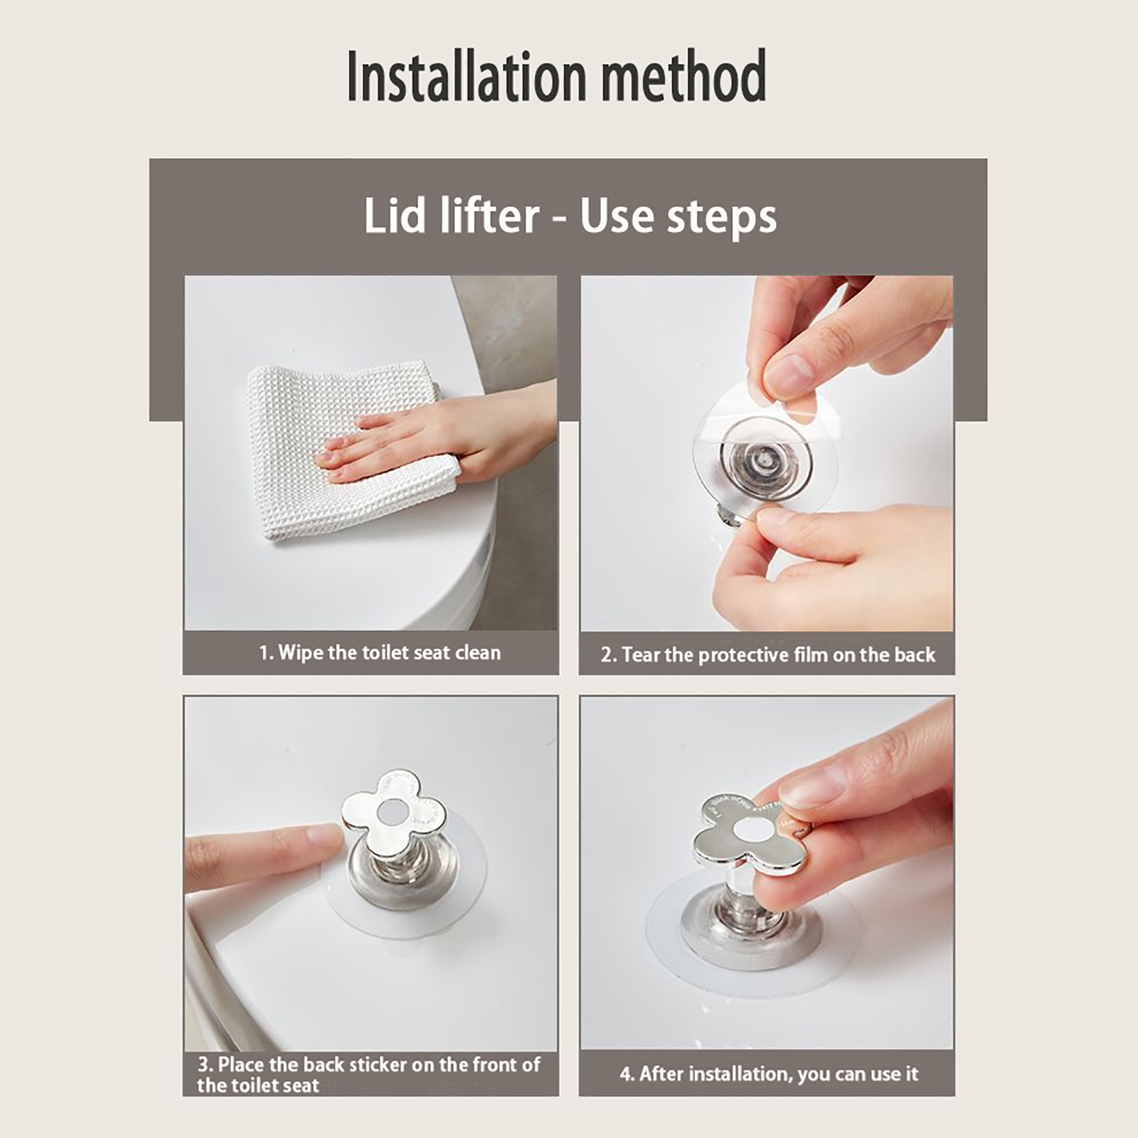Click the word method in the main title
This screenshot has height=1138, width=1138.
click(x=684, y=76)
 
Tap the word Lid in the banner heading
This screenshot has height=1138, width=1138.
click(x=392, y=216)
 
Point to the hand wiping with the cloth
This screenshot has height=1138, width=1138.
click(x=441, y=441)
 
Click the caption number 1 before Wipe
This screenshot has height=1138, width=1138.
click(x=265, y=653)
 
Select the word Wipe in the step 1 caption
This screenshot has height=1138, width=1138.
click(x=301, y=653)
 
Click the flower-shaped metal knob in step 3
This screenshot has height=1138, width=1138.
click(x=393, y=810)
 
